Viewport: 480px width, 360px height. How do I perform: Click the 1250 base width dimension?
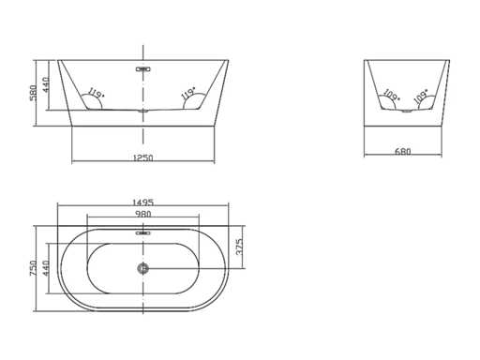pos(143,157)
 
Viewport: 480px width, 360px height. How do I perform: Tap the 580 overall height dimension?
pos(33,93)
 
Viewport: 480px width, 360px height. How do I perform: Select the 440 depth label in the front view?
pos(46,84)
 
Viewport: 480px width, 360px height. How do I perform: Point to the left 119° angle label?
pos(96,93)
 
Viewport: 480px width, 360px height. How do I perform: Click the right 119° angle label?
pos(188,93)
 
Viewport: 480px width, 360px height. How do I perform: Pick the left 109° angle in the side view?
pos(392,95)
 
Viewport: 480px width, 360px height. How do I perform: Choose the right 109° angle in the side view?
pos(421,96)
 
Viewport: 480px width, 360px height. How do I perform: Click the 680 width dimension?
pos(403,152)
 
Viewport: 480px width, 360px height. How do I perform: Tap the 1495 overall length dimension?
pos(143,202)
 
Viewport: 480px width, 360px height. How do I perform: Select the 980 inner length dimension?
pos(143,214)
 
